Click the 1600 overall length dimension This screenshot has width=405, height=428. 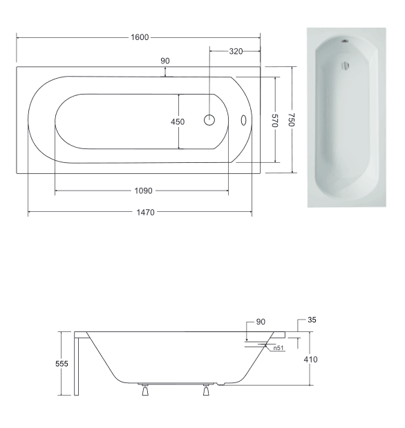140,37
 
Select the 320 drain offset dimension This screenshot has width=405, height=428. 236,51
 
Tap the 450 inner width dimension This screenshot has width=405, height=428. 178,121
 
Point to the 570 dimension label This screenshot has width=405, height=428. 274,120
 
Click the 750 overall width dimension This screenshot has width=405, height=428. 292,119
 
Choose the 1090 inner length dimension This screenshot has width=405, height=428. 144,191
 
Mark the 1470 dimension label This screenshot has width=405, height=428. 145,212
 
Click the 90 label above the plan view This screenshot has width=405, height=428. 165,61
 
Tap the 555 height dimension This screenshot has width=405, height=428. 62,364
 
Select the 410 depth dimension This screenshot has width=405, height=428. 311,360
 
